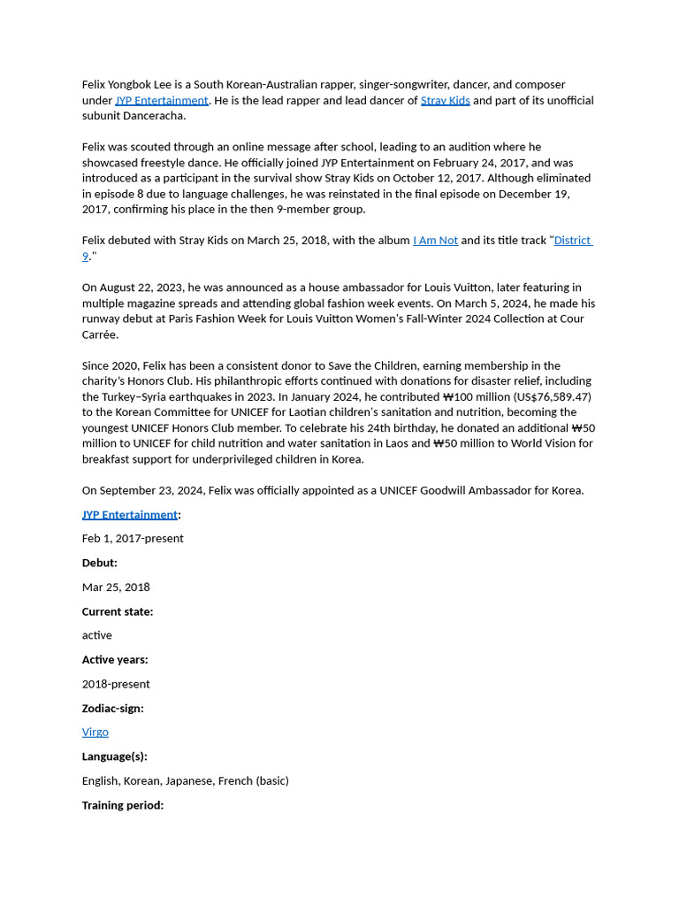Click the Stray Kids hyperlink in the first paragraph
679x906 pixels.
tap(445, 101)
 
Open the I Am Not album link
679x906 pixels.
tap(435, 241)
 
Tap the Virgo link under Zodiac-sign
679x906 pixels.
tap(95, 733)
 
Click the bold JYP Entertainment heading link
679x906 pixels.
tap(130, 515)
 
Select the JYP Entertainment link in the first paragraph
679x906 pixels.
tap(162, 101)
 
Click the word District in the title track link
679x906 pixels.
tap(572, 241)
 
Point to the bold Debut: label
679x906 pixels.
tap(100, 563)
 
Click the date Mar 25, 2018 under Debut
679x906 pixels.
tap(116, 587)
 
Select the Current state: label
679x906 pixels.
tap(118, 611)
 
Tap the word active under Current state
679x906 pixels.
tap(97, 635)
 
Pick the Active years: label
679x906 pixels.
tap(115, 660)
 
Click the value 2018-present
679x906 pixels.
tap(116, 684)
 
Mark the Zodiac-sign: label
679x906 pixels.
tap(112, 709)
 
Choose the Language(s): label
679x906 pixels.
tap(115, 756)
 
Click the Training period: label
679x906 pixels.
tap(123, 805)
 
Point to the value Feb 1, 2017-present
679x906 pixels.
tap(133, 539)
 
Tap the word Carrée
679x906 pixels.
tap(100, 334)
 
